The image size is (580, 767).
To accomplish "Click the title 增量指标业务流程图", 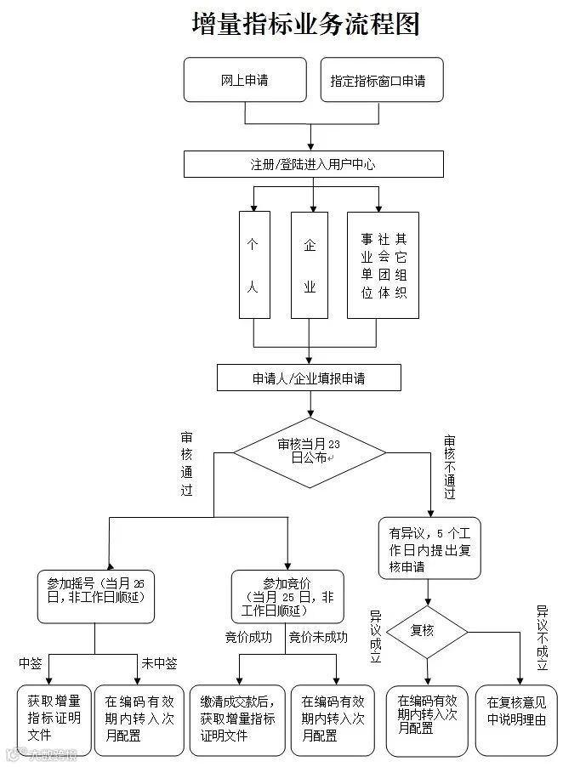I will [307, 24].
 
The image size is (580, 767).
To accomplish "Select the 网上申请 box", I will [245, 81].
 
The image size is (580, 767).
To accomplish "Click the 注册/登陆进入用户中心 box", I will [313, 164].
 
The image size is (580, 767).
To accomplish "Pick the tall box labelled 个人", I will [253, 265].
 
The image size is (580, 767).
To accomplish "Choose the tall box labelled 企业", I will [310, 265].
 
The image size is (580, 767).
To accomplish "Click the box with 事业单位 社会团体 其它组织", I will [384, 265].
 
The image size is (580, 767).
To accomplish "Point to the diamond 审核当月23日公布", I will [310, 452].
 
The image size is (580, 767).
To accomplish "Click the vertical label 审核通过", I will [186, 463].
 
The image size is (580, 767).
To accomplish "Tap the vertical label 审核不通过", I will [449, 467].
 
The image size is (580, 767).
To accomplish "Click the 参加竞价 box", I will [287, 597].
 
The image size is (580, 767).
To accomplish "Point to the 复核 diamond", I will [427, 631].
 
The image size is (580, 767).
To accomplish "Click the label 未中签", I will [159, 663].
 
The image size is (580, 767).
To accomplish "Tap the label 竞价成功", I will [248, 637].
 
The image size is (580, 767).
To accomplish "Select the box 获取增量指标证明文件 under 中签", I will [54, 719].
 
